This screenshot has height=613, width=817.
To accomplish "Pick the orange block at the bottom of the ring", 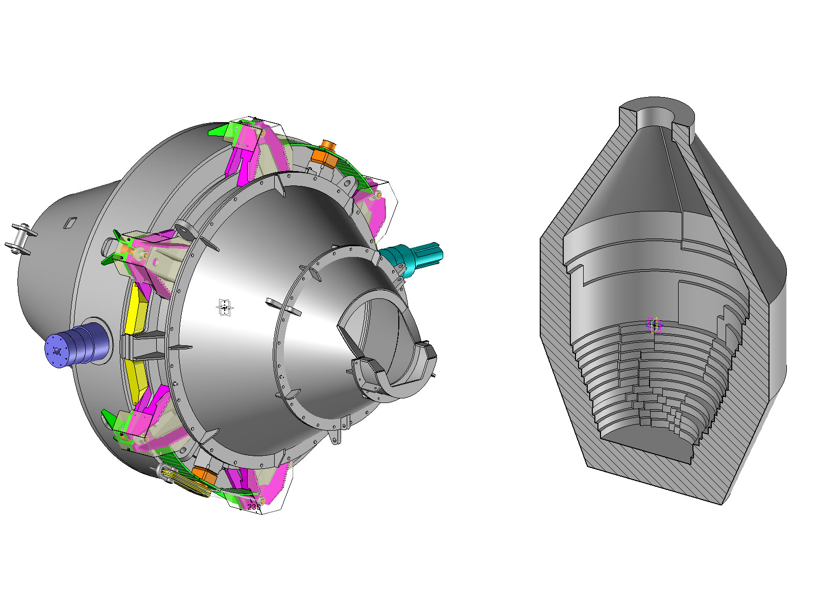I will [x=205, y=476].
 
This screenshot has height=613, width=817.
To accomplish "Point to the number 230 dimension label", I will [x=254, y=507].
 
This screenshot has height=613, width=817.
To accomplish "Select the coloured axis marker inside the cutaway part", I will [x=654, y=325].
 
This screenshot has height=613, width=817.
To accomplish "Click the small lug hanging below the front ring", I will [x=336, y=438].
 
